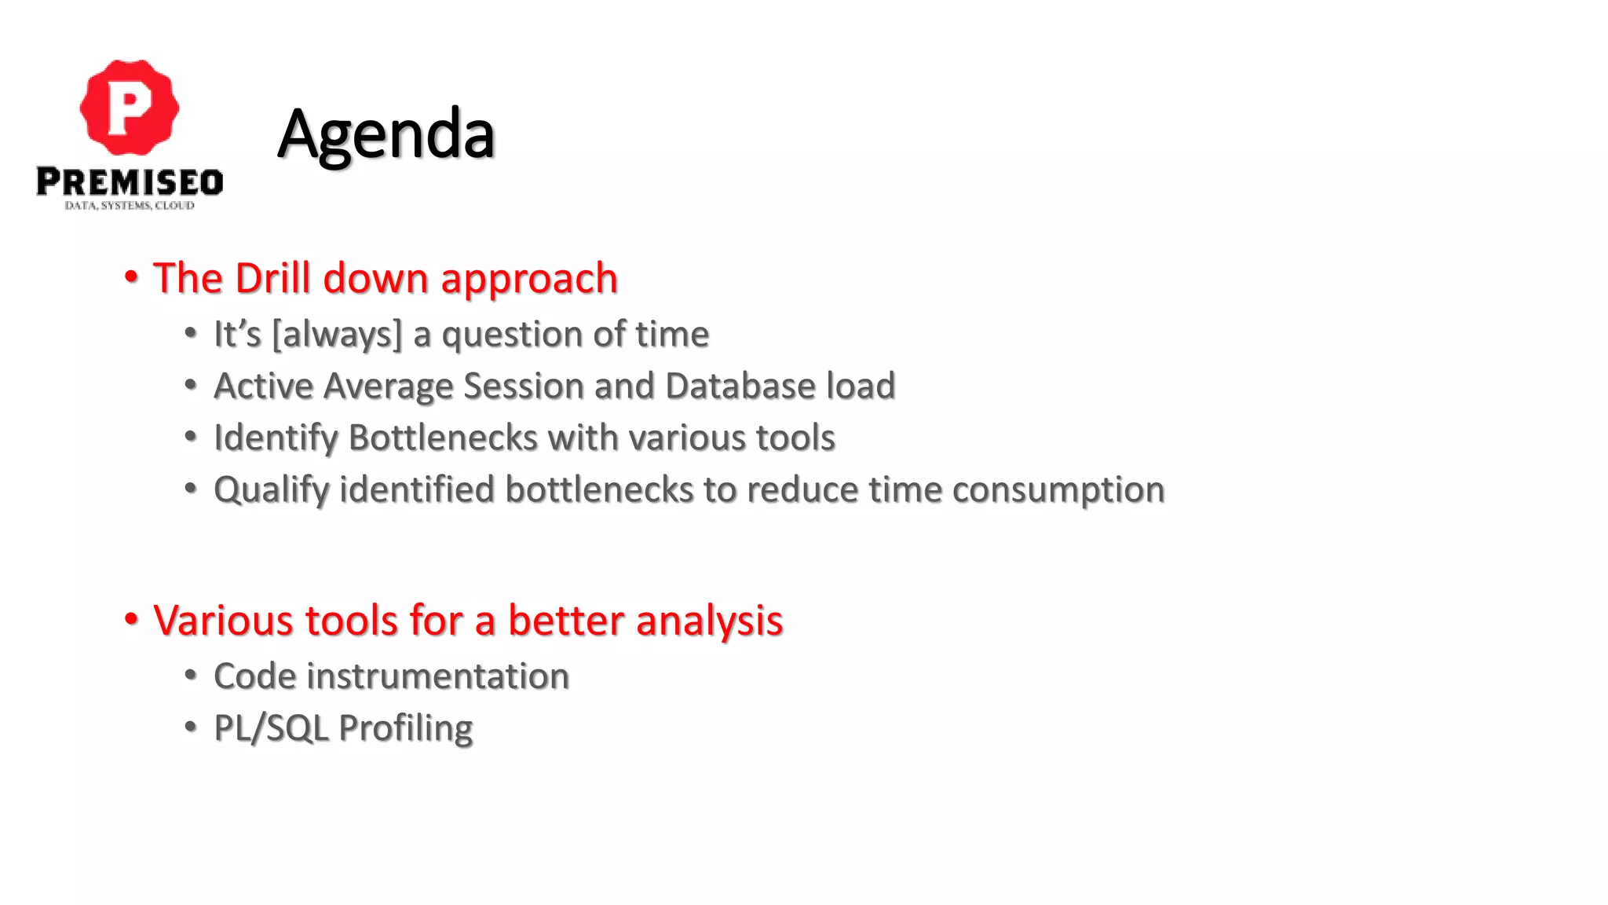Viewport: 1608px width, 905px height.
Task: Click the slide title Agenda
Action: tap(386, 134)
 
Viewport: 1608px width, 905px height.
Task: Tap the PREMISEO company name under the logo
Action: tap(130, 181)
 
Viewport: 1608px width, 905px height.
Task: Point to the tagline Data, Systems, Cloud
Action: tap(130, 206)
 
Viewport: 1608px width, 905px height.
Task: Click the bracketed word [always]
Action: tap(337, 335)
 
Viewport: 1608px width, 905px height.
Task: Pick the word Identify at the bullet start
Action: tap(275, 438)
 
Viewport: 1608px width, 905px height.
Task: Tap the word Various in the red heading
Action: tap(222, 621)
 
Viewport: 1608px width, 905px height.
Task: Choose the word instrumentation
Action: tap(437, 676)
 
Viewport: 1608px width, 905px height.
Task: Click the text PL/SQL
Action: tap(271, 728)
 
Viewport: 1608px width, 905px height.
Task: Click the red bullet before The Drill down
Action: tap(131, 277)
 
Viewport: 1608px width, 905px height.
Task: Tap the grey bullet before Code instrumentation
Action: tap(191, 675)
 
